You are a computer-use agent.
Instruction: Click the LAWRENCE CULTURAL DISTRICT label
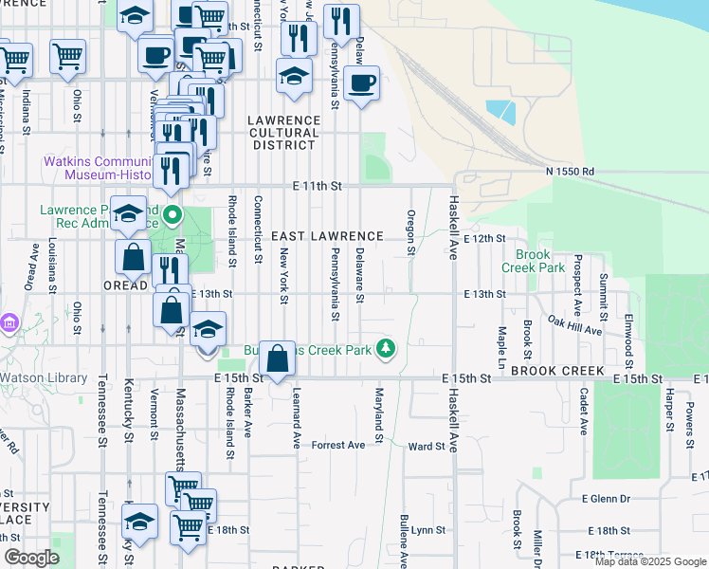tap(283, 133)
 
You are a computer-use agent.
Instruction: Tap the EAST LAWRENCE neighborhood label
tap(327, 236)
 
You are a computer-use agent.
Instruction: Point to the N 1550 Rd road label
tap(570, 171)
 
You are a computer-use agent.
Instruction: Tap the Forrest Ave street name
tap(338, 445)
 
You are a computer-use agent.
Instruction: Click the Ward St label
tap(426, 446)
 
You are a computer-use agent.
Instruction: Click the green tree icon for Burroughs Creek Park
tap(386, 350)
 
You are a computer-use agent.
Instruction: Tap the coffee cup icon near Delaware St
tap(360, 83)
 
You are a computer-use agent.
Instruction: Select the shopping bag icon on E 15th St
tap(277, 359)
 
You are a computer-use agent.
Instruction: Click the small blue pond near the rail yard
tap(500, 113)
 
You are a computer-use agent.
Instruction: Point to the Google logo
tap(31, 558)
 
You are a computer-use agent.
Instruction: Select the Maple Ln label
tap(501, 348)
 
